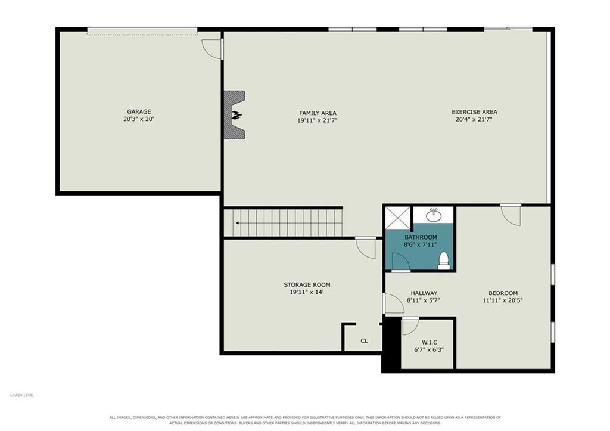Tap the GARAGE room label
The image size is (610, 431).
(x=139, y=111)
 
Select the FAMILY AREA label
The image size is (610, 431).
(x=318, y=113)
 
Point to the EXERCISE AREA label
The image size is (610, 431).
(x=474, y=112)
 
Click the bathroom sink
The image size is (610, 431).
(x=434, y=215)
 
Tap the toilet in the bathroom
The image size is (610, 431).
(x=444, y=261)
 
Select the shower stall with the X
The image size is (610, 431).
(x=397, y=218)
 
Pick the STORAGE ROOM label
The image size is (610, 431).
(x=307, y=284)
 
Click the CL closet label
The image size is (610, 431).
(x=364, y=340)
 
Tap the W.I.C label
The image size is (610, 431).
(x=430, y=342)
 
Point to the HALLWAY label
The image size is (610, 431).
(x=424, y=293)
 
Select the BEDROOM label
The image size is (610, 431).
(x=503, y=293)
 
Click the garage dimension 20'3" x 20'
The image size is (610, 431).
(x=139, y=119)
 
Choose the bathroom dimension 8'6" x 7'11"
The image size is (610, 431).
(x=421, y=244)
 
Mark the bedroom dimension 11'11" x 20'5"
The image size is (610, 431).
(x=503, y=300)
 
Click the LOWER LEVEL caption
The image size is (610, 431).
(x=22, y=395)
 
